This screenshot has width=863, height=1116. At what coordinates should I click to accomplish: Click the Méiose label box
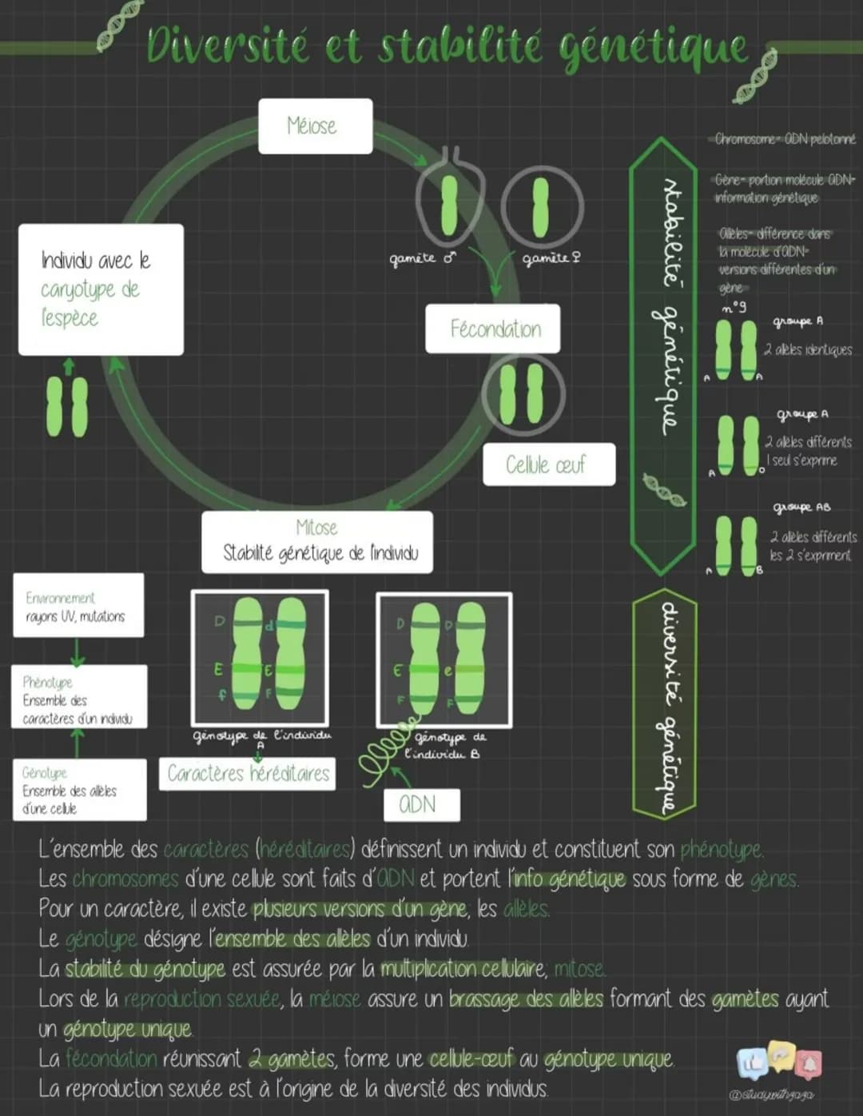pyautogui.click(x=315, y=126)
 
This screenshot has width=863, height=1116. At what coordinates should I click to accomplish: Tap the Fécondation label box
pyautogui.click(x=492, y=329)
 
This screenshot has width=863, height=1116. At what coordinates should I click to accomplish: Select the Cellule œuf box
pyautogui.click(x=548, y=464)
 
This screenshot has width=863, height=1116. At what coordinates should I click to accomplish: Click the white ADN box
pyautogui.click(x=421, y=804)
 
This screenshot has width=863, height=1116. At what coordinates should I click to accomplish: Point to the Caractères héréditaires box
pyautogui.click(x=247, y=774)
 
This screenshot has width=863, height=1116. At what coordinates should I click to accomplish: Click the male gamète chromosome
pyautogui.click(x=449, y=203)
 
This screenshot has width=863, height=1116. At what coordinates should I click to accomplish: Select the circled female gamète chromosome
pyautogui.click(x=541, y=206)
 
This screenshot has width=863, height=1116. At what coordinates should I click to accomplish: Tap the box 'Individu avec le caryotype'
pyautogui.click(x=101, y=289)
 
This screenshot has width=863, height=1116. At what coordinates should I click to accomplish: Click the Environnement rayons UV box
pyautogui.click(x=78, y=605)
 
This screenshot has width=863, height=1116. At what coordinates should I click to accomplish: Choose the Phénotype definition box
pyautogui.click(x=79, y=697)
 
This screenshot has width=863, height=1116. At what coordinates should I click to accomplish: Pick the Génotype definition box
pyautogui.click(x=79, y=790)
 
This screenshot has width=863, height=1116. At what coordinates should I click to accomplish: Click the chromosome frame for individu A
pyautogui.click(x=260, y=657)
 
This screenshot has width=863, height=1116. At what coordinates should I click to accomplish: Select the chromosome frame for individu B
pyautogui.click(x=443, y=659)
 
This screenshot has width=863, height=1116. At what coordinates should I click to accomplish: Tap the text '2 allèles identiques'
pyautogui.click(x=807, y=349)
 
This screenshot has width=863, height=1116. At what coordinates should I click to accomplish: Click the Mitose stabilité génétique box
pyautogui.click(x=317, y=542)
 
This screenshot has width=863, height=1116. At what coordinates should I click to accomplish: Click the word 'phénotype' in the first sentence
pyautogui.click(x=720, y=848)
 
